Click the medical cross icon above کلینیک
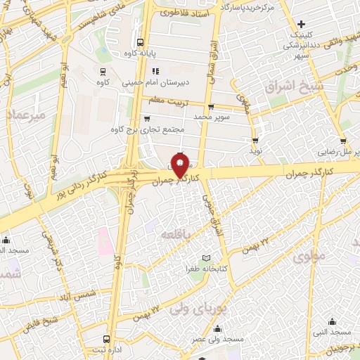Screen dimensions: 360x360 pyautogui.click(x=301, y=24)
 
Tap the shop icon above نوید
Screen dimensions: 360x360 pyautogui.click(x=255, y=141)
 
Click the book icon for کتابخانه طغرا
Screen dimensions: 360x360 pyautogui.click(x=205, y=258)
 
